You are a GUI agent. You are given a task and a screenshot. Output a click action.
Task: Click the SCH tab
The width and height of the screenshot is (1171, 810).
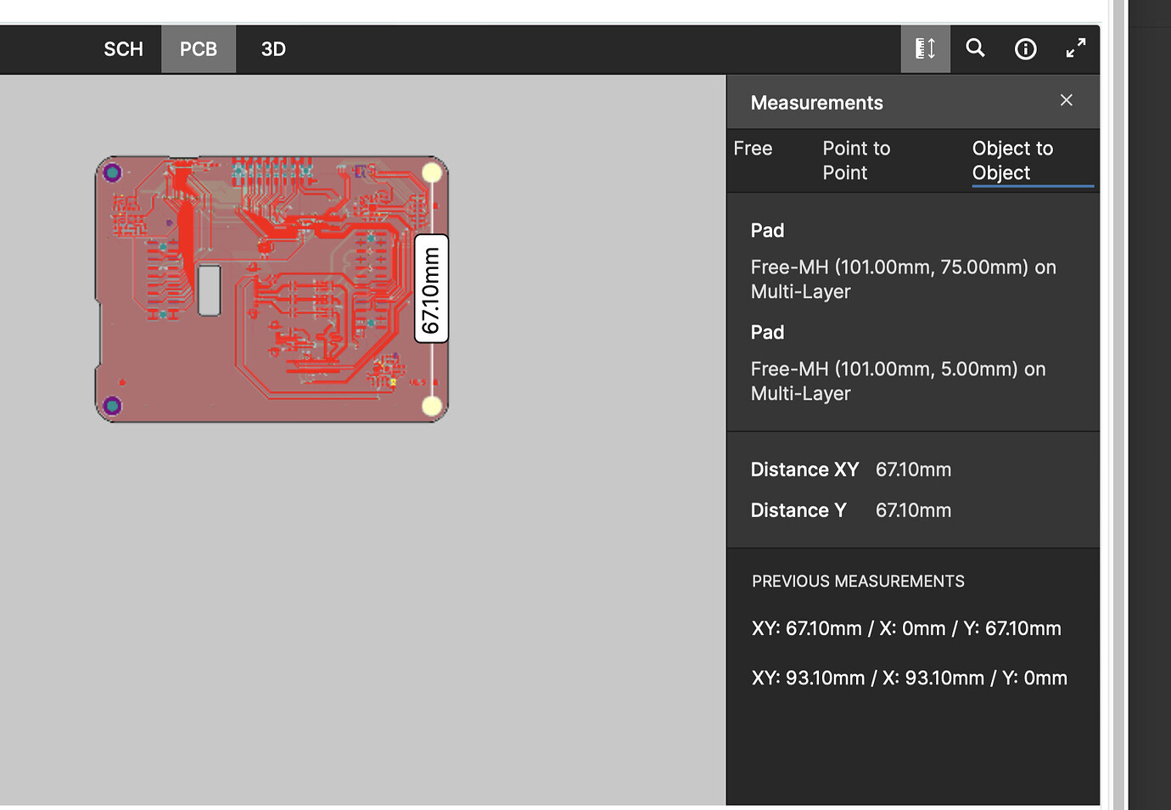point(123,49)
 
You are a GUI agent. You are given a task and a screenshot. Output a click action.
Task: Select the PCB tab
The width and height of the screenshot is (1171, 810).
point(199,49)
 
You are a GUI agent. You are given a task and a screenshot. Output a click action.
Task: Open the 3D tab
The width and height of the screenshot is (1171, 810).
point(273,49)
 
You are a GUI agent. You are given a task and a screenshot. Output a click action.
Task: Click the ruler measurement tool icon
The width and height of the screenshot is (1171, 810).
point(925,48)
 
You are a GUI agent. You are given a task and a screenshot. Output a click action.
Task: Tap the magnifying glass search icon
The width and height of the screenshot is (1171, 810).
point(976,48)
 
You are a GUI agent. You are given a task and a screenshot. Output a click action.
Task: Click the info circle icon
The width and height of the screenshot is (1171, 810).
point(1025,49)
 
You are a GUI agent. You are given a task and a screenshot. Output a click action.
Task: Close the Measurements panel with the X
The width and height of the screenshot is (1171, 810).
point(1067,100)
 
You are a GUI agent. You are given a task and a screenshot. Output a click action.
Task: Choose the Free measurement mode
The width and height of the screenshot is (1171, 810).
point(753,149)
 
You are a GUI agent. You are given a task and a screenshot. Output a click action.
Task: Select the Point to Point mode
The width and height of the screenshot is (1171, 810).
point(855,160)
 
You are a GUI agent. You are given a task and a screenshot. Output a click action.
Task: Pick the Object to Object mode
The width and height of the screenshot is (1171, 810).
point(1012,160)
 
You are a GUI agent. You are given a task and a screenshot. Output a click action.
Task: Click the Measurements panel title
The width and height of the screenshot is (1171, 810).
point(816,103)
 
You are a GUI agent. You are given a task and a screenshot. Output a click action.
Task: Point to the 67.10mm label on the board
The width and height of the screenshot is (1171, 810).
point(431,289)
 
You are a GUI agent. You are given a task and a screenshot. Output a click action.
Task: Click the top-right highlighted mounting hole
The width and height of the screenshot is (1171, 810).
point(432,173)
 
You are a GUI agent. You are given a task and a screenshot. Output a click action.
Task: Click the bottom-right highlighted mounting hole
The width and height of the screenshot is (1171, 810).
point(432,407)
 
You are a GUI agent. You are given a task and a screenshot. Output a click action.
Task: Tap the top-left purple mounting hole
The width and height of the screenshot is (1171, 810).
point(112,173)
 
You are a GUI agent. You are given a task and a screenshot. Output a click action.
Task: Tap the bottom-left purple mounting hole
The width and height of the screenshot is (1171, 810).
point(112,406)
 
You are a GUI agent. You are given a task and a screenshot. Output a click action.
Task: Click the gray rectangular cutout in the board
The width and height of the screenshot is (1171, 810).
point(209,290)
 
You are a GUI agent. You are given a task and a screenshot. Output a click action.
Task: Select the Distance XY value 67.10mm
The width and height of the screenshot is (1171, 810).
point(913,470)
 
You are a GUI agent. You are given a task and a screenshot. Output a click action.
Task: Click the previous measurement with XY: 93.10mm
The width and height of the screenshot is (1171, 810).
point(909,678)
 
